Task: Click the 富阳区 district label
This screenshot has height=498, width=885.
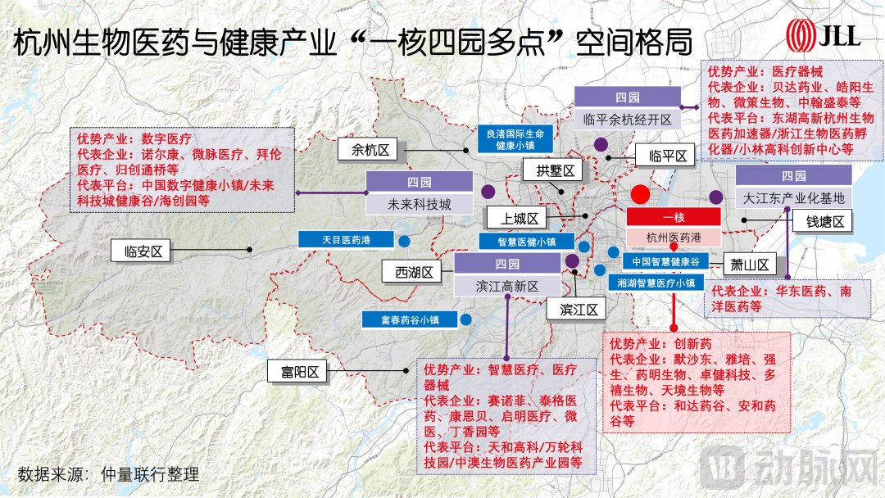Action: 298,373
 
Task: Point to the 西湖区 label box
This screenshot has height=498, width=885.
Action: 414,273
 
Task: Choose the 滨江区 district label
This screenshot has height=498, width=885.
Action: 578,310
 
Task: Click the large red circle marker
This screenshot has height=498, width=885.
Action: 641,195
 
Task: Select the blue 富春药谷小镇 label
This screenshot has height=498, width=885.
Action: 411,319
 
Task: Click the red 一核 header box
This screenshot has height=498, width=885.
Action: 673,217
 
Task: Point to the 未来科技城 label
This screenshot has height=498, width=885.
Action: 420,204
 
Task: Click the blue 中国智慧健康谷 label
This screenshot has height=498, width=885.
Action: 665,262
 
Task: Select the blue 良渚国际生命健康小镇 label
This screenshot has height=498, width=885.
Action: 515,138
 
